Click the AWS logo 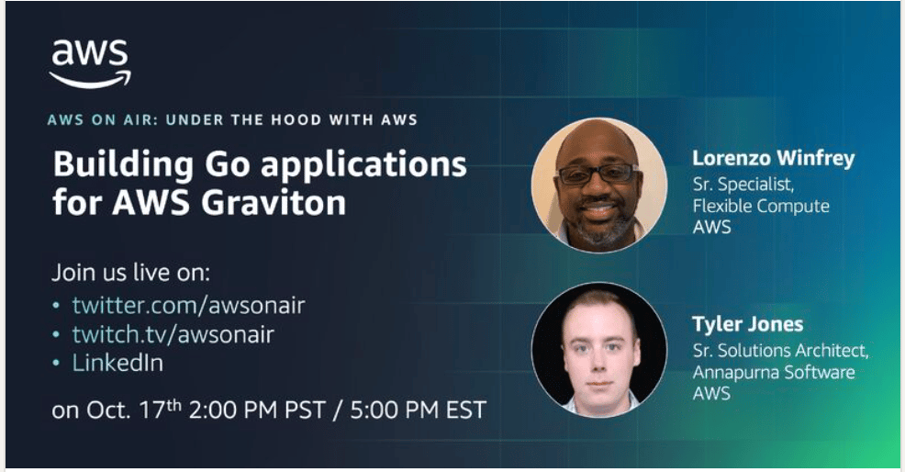click(x=90, y=63)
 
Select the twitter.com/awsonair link click(x=188, y=305)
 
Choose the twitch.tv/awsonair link click(x=173, y=334)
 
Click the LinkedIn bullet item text click(x=117, y=363)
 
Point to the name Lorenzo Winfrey click(x=774, y=158)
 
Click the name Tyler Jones click(x=747, y=324)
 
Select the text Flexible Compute click(x=761, y=206)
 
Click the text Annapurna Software click(x=774, y=372)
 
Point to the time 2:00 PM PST click(x=257, y=410)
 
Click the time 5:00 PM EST click(x=418, y=410)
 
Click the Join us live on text click(x=131, y=273)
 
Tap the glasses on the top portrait click(x=598, y=174)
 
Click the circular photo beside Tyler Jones click(x=598, y=350)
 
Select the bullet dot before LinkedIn click(x=56, y=364)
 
